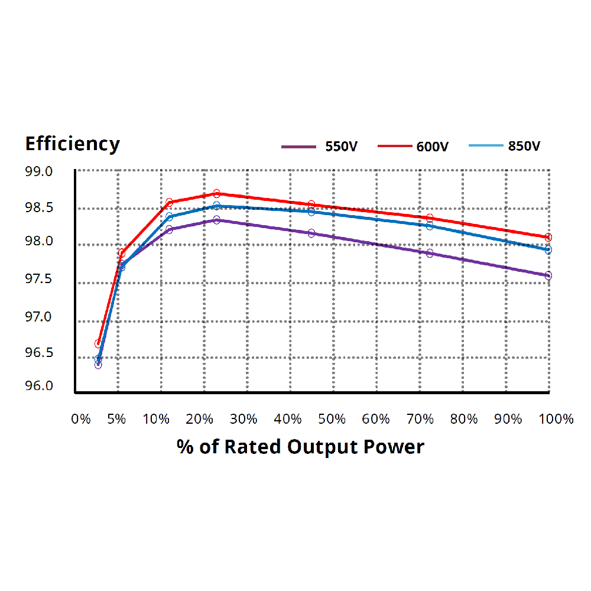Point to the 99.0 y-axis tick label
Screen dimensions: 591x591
tap(39, 172)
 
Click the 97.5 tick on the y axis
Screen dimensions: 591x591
tap(39, 279)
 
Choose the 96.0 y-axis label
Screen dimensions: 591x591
tap(39, 386)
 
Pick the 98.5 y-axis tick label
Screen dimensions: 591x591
tap(39, 207)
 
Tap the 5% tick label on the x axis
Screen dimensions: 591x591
tap(116, 419)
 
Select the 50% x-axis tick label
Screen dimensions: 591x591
tap(332, 419)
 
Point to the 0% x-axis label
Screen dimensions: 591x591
tap(81, 419)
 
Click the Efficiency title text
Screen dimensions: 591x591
tap(72, 144)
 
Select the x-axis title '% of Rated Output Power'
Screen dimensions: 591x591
tap(300, 447)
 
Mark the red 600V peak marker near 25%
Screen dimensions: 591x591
tap(217, 193)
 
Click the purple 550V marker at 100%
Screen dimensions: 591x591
tap(548, 275)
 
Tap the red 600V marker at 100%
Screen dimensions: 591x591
tap(548, 237)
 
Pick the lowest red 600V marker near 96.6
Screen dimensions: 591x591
tap(98, 343)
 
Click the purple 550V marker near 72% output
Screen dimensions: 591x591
tap(430, 253)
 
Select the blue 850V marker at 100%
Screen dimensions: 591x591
tap(548, 249)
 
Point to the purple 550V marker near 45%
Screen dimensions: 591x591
tap(311, 233)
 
